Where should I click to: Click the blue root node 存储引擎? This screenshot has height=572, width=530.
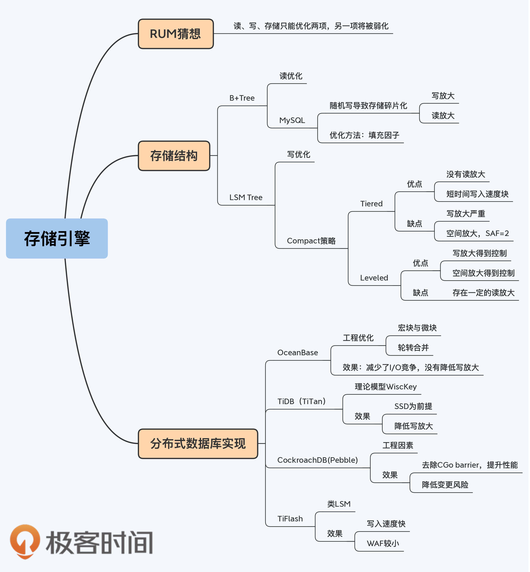(x=57, y=238)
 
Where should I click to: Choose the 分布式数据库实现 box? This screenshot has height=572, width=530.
(x=198, y=444)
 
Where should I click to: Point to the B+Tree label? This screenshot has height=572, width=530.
(x=242, y=98)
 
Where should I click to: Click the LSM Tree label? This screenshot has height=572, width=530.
(x=246, y=198)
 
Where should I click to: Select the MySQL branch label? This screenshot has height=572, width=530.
(x=292, y=120)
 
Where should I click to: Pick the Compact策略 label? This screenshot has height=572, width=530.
(x=311, y=241)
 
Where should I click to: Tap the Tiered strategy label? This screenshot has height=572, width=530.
(x=371, y=204)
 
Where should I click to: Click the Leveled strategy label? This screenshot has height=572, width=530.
(x=374, y=278)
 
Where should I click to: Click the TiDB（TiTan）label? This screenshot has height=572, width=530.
(x=302, y=401)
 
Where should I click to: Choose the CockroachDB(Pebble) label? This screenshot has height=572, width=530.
(x=317, y=460)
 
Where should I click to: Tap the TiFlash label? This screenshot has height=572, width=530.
(x=290, y=519)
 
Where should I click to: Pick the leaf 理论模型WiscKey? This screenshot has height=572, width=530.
(x=386, y=387)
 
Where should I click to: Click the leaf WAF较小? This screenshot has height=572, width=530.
(x=383, y=543)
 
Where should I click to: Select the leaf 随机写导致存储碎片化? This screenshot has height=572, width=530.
(x=368, y=106)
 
